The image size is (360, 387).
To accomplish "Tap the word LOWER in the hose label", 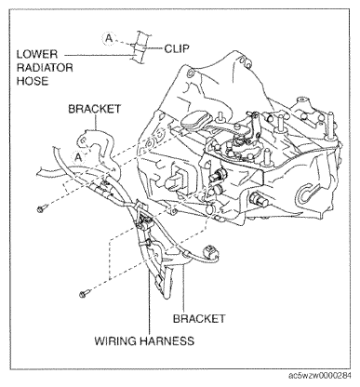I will pyautogui.click(x=38, y=54).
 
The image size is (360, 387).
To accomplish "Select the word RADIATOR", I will pyautogui.click(x=49, y=68).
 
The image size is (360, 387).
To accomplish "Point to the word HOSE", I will pyautogui.click(x=34, y=81).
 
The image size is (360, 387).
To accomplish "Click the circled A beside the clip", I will pyautogui.click(x=109, y=39).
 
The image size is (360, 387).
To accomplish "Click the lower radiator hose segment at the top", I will pyautogui.click(x=140, y=47).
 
